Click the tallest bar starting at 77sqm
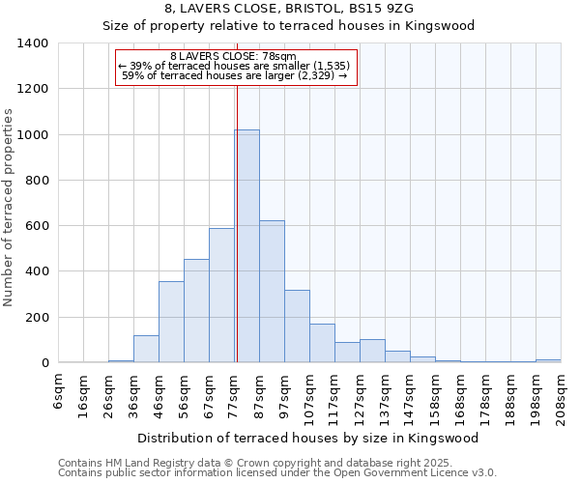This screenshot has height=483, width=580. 246,246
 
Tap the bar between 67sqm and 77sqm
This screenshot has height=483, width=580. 221,296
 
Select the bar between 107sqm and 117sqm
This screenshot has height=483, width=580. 322,344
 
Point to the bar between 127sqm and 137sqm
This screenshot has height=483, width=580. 372,352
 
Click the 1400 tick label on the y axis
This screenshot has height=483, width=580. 33,43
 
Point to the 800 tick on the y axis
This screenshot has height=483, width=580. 37,181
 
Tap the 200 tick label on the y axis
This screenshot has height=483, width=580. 37,318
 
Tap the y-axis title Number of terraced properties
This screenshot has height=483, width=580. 10,207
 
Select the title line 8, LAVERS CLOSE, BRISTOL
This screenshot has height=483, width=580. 289,8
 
